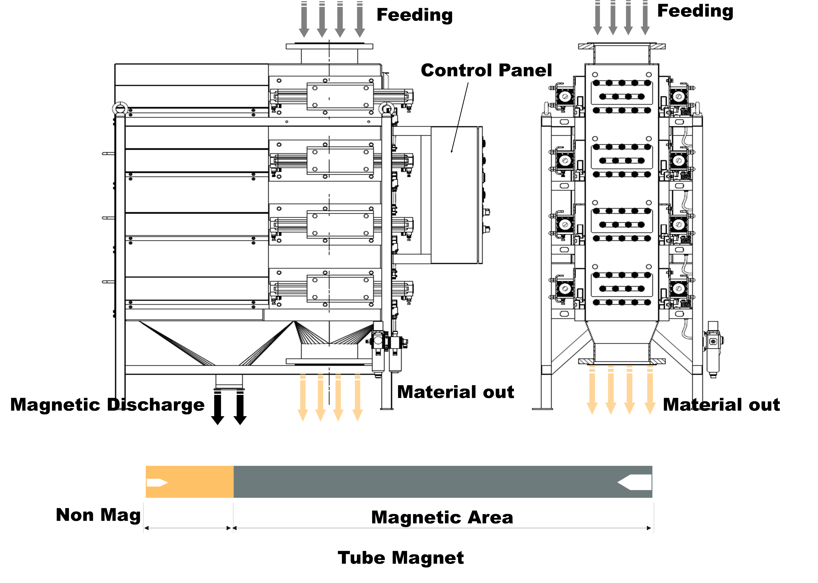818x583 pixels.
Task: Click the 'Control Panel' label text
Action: (x=486, y=70)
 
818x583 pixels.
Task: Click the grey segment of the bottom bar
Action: (x=424, y=482)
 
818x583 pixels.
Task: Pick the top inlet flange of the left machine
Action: (x=329, y=46)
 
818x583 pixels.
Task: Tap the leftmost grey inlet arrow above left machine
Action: (x=304, y=20)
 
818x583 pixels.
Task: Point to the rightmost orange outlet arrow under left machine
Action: (x=358, y=397)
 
